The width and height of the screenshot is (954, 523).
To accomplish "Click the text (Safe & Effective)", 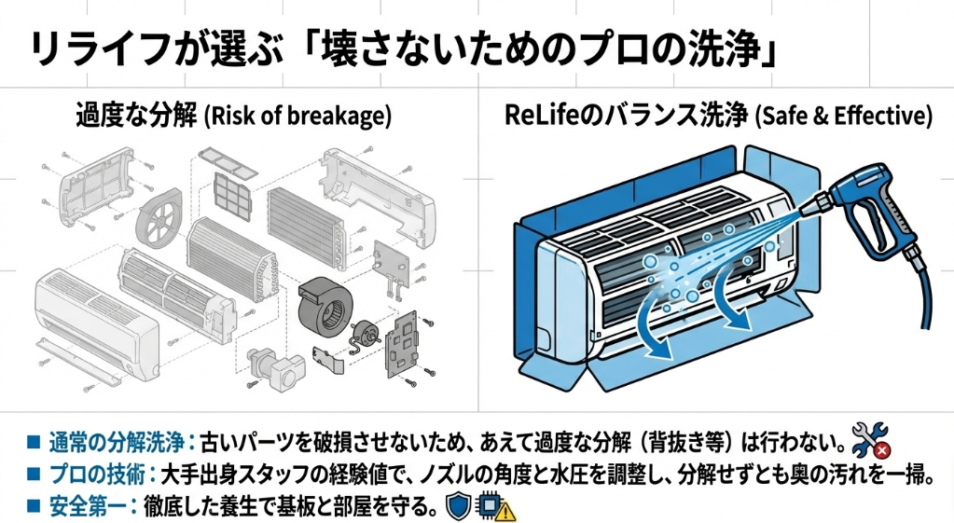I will pos(843,117).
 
